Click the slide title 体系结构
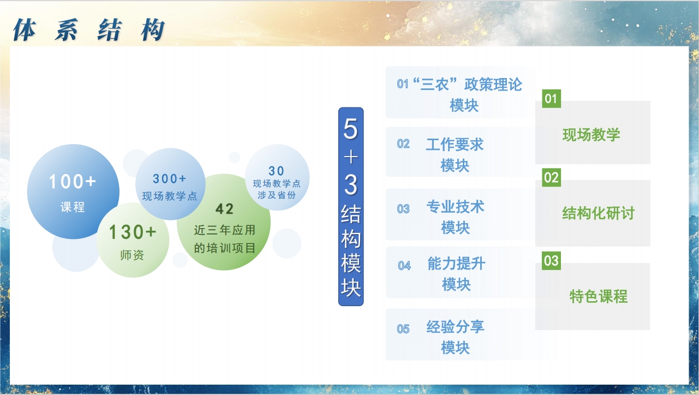point(89,30)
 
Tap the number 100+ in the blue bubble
point(73,181)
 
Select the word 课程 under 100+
point(73,207)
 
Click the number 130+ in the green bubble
point(132,232)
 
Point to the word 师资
point(132,255)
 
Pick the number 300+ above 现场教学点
point(170,179)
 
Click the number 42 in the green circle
point(224,209)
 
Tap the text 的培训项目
point(225,248)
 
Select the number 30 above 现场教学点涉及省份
point(276,171)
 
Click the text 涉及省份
point(277,195)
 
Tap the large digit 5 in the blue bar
point(350,129)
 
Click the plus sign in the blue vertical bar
point(351,157)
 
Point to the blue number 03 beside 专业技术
point(403,209)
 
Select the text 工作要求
point(455,145)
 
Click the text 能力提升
point(456,264)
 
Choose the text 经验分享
point(455,327)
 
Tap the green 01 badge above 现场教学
point(552,99)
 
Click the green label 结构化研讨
point(599,213)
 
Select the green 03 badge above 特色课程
point(552,261)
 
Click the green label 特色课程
point(599,296)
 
